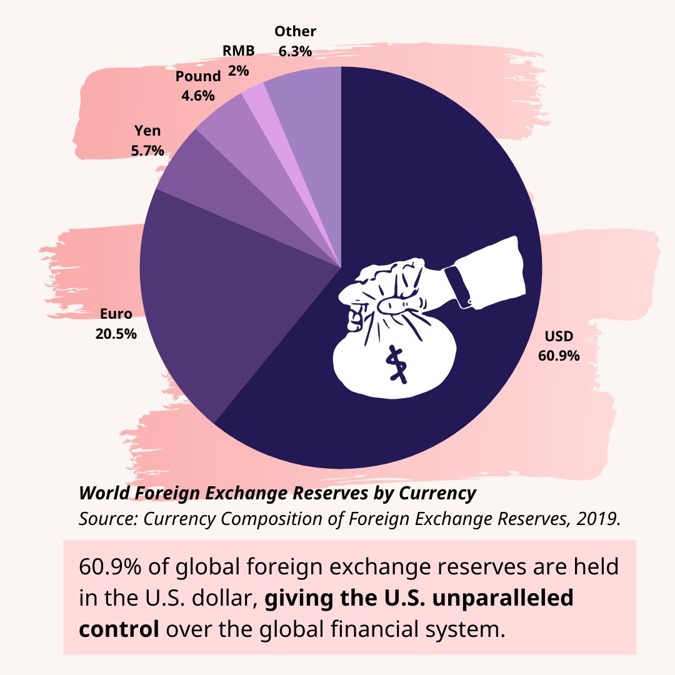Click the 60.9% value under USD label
pyautogui.click(x=558, y=356)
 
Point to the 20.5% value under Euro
pyautogui.click(x=116, y=333)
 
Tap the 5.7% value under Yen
pyautogui.click(x=147, y=150)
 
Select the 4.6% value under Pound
pyautogui.click(x=197, y=96)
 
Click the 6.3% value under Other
pyautogui.click(x=295, y=51)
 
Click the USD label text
pyautogui.click(x=558, y=336)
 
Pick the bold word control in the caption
pyautogui.click(x=119, y=628)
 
